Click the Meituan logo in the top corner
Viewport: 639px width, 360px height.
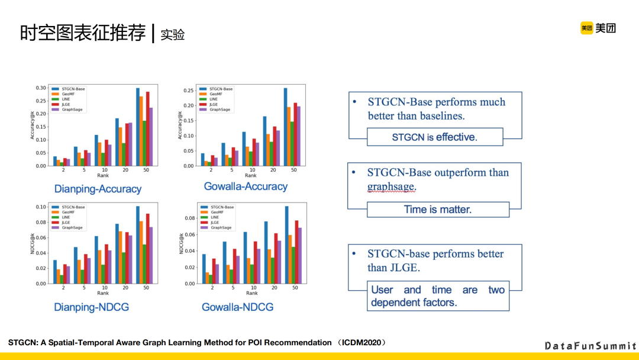[x=598, y=28]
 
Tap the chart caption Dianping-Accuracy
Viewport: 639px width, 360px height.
[x=98, y=189]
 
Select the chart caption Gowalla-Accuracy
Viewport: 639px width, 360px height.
[x=246, y=187]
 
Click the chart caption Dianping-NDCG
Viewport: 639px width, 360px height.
[x=91, y=307]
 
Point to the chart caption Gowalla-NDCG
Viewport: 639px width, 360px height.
[x=238, y=307]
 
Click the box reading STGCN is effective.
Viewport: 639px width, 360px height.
[x=434, y=137]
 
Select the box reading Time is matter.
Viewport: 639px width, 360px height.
[x=437, y=209]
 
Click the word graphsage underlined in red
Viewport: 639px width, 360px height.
[x=391, y=187]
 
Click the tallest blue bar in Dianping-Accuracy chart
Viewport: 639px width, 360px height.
[x=138, y=127]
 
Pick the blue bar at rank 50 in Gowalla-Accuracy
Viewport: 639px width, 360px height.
[x=285, y=127]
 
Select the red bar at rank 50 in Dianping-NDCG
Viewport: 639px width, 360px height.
[x=147, y=248]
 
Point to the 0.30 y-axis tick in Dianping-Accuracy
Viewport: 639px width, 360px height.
[x=40, y=88]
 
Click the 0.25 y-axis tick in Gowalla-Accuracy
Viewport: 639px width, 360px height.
[x=188, y=91]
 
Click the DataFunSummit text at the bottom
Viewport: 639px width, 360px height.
[x=590, y=346]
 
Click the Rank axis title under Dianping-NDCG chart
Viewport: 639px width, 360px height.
[x=103, y=293]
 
